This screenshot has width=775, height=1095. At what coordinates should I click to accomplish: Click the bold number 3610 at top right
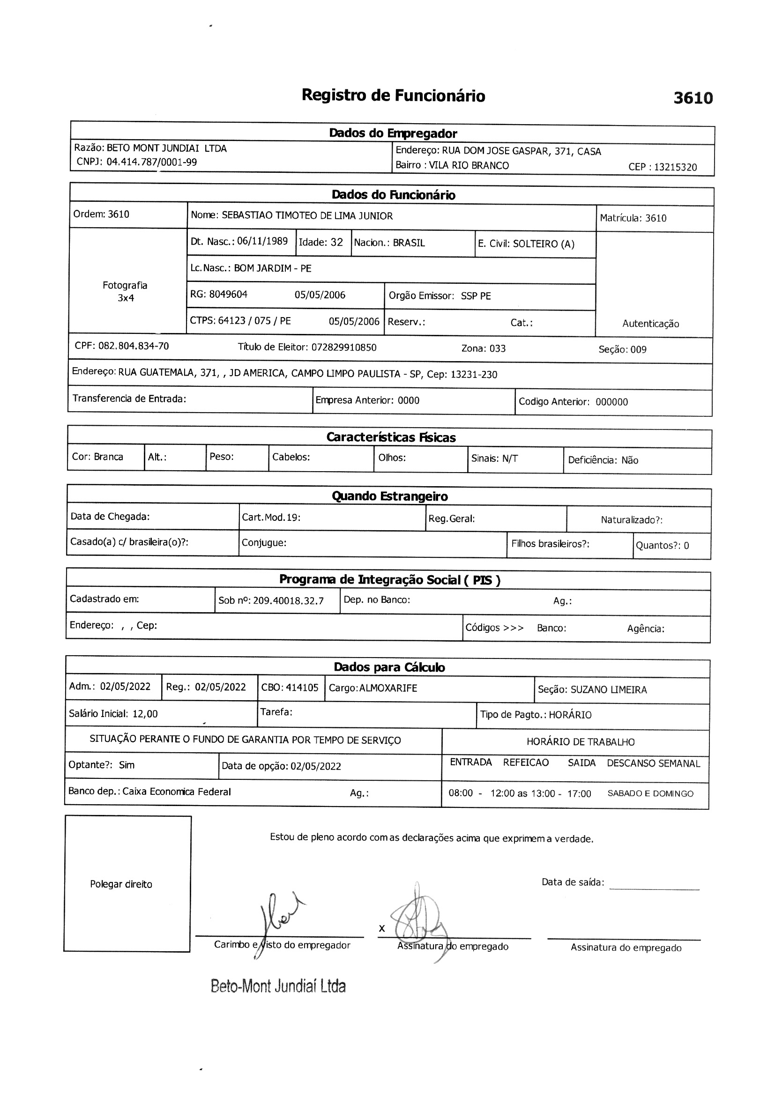tap(693, 98)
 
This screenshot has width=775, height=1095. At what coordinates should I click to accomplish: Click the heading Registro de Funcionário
tap(393, 96)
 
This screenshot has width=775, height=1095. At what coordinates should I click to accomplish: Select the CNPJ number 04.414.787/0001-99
tap(152, 162)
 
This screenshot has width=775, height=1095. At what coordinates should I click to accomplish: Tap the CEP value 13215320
tap(675, 167)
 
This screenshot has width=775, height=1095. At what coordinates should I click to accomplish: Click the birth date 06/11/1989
tap(262, 241)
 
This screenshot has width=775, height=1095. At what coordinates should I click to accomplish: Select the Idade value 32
tap(337, 242)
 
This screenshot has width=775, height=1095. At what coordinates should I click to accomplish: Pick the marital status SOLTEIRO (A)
tap(544, 244)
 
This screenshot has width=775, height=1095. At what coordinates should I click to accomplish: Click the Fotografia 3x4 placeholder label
tap(125, 291)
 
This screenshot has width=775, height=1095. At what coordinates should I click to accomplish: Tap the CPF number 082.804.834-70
tap(134, 346)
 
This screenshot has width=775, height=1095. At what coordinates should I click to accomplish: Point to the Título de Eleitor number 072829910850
tap(343, 348)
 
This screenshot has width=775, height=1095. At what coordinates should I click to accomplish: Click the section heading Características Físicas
tap(391, 437)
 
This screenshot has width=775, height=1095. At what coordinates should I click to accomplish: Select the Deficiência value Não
tap(630, 460)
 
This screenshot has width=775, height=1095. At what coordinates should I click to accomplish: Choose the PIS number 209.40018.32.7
tap(288, 601)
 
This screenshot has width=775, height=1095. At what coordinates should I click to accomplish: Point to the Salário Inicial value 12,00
tap(145, 714)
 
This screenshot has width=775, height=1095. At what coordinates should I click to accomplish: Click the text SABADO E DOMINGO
tap(650, 793)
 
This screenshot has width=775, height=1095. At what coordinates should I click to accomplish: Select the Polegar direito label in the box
tap(121, 884)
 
